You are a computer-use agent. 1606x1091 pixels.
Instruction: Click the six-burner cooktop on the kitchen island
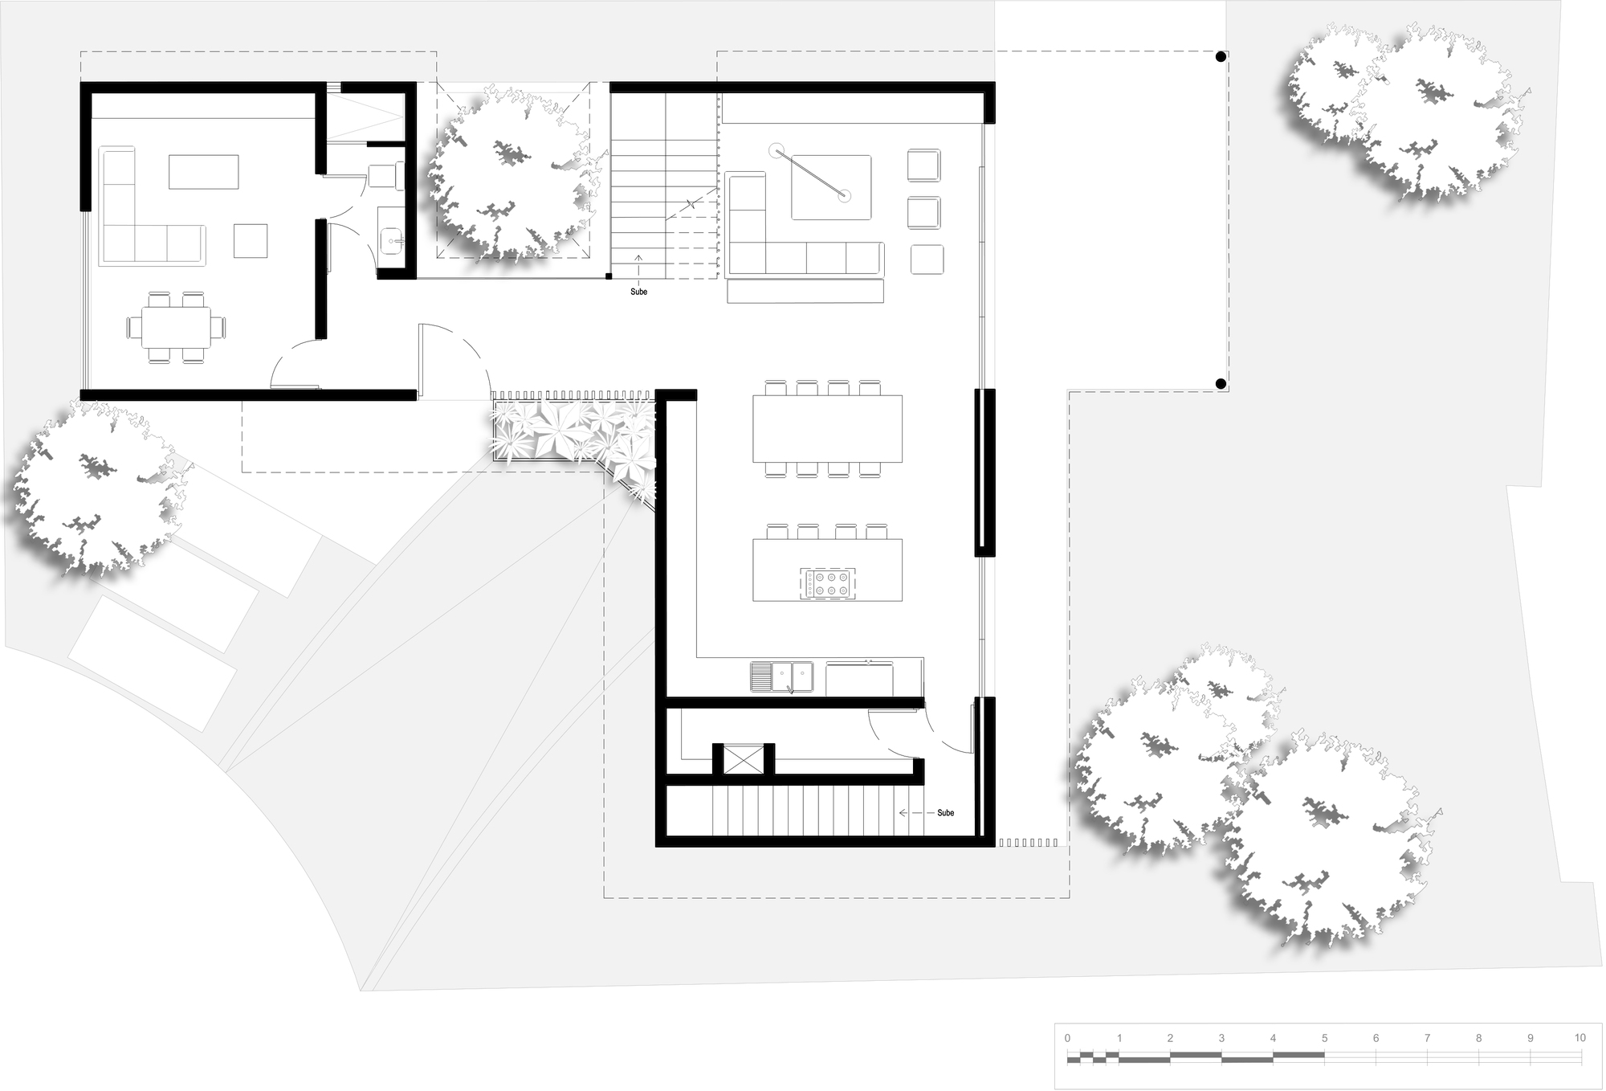click(x=828, y=583)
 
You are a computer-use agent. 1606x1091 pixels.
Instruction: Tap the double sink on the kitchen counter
click(x=781, y=676)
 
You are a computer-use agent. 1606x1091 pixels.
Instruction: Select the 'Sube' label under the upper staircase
click(x=638, y=292)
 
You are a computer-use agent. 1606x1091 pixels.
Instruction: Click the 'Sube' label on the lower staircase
click(x=945, y=813)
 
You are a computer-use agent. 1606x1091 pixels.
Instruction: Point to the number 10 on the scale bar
click(x=1580, y=1038)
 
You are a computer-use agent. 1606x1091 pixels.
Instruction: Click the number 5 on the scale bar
click(x=1324, y=1038)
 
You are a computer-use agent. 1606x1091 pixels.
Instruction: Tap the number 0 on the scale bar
click(x=1067, y=1038)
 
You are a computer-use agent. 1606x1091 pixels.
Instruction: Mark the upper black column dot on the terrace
click(x=1221, y=57)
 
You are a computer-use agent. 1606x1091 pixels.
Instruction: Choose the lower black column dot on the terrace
click(x=1221, y=384)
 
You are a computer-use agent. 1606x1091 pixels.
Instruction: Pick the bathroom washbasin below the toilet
click(x=392, y=238)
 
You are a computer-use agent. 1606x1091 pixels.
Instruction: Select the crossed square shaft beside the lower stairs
click(x=743, y=759)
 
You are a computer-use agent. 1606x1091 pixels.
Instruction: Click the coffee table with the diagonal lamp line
click(x=831, y=187)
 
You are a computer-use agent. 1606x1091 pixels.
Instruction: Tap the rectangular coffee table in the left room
click(x=204, y=171)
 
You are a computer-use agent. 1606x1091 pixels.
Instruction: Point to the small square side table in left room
click(x=251, y=240)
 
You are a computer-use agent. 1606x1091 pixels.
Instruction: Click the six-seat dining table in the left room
click(x=177, y=328)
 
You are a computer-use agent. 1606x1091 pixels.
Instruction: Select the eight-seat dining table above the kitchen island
click(x=827, y=428)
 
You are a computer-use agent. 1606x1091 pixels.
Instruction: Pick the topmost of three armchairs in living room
click(x=923, y=165)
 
